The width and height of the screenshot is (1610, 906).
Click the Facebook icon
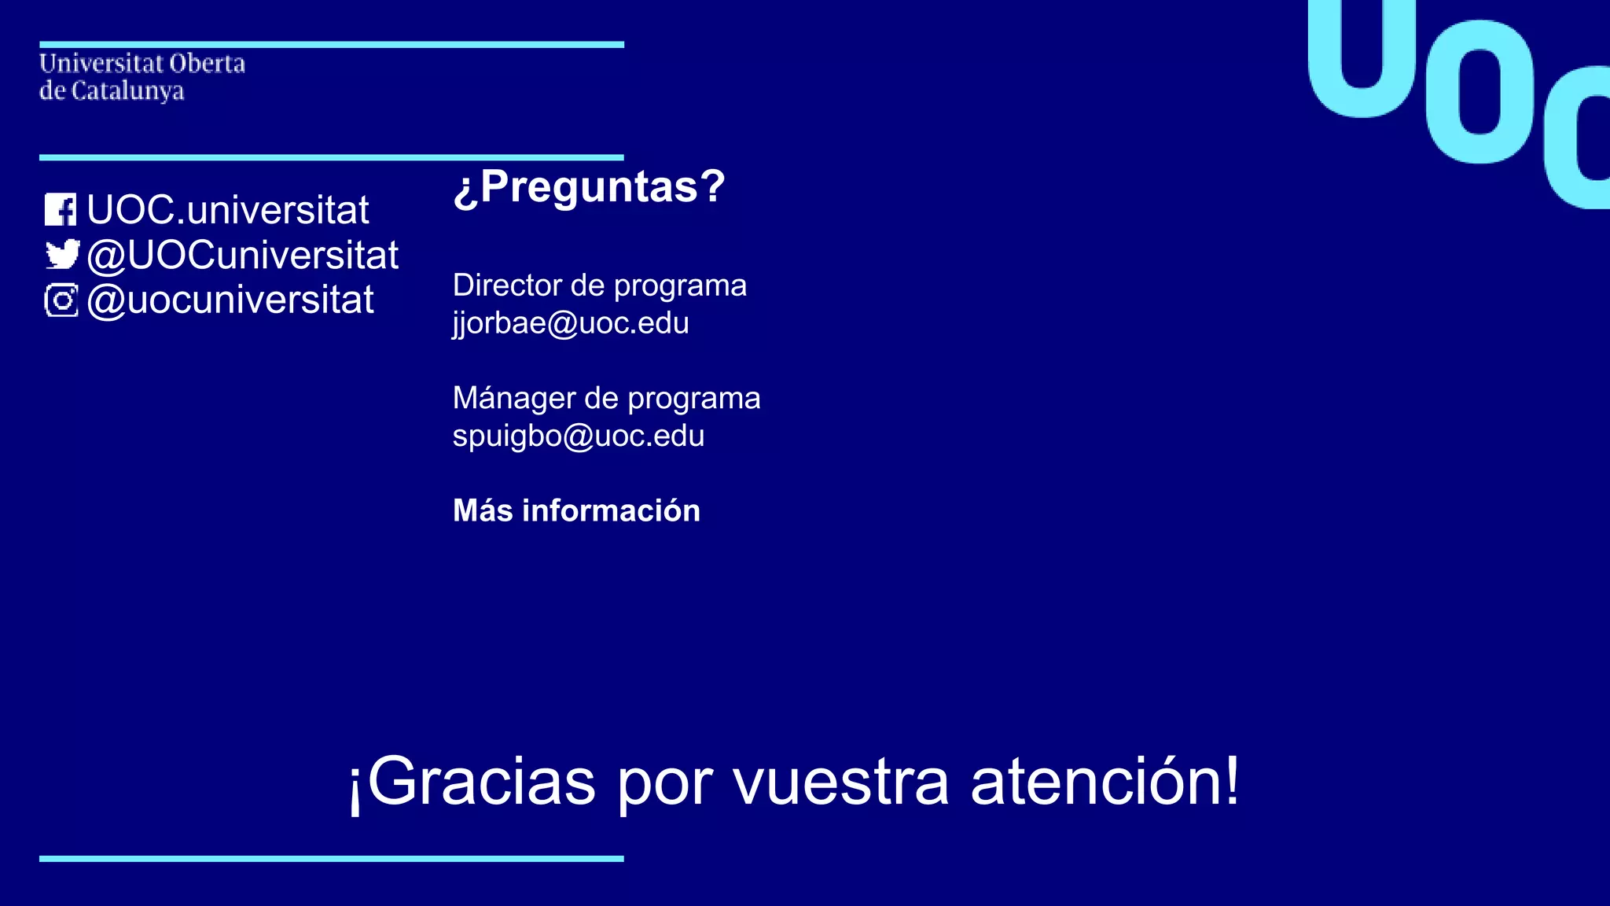coord(61,210)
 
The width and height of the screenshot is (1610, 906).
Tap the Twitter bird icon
coord(62,255)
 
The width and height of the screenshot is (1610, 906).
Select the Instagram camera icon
coord(61,300)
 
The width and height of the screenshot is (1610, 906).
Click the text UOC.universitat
coord(227,210)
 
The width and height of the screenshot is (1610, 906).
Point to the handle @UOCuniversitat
coord(242,256)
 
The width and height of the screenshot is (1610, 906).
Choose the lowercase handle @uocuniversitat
coord(230,300)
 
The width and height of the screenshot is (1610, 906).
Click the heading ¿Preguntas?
coord(589,187)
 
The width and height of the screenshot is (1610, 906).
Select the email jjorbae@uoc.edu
coord(571,323)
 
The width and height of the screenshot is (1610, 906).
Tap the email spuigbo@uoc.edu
coord(579,436)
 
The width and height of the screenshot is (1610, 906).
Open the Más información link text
coord(576,511)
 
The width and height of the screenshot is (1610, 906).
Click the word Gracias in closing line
coord(481,782)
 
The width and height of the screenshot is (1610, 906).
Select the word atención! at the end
coord(1105,782)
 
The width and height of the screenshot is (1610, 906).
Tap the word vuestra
coord(841,783)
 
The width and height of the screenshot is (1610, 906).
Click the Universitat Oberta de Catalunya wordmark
coord(142,77)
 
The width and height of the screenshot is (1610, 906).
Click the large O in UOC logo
coord(1480,92)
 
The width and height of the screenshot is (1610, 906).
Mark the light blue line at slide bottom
coord(331,859)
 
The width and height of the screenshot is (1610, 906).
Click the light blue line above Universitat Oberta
coord(331,45)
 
